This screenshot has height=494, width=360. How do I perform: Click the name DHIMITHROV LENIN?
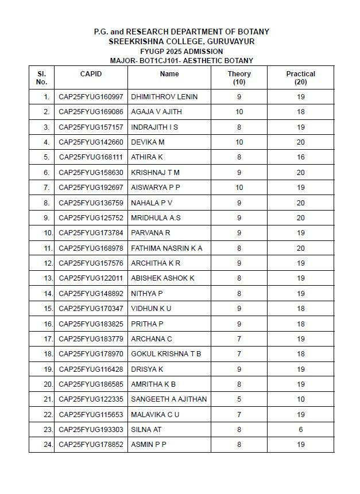click(164, 96)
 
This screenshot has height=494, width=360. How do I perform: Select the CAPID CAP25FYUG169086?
click(91, 112)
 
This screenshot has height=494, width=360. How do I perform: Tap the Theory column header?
click(239, 77)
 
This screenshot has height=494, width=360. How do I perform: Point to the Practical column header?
click(300, 77)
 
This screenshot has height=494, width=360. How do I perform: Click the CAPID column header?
click(91, 74)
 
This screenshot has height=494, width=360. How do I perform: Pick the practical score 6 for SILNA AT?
click(300, 429)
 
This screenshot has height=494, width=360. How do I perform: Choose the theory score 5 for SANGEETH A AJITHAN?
click(239, 399)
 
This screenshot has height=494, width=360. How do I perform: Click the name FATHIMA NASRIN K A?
click(167, 248)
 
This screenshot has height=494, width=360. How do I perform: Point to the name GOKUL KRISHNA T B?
click(166, 353)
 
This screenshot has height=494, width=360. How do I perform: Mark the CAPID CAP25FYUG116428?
click(91, 369)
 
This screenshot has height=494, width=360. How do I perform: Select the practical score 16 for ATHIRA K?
click(300, 157)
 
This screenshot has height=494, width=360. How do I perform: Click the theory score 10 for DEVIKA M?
click(239, 142)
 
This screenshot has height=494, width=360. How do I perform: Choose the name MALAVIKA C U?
click(155, 414)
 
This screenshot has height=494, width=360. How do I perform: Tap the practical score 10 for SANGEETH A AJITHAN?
click(300, 399)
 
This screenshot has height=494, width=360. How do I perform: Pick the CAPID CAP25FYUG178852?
click(91, 444)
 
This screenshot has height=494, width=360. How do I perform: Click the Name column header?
click(169, 74)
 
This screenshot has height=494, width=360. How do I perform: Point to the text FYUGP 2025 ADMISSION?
click(181, 51)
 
